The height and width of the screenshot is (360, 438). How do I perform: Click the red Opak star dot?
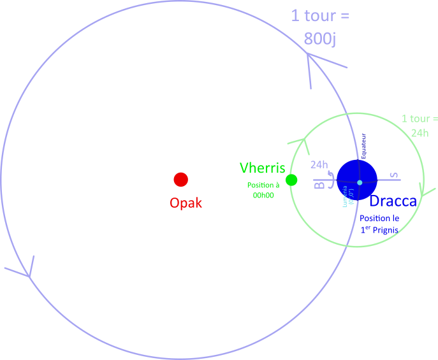coord(181,180)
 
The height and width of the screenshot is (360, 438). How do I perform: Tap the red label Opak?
coord(186,203)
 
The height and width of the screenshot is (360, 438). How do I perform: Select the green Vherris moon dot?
coord(291,180)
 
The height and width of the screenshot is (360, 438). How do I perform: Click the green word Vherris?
coord(262,168)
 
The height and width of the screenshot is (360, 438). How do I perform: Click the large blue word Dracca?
coord(393,201)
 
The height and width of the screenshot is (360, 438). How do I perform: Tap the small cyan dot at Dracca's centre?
coord(360,183)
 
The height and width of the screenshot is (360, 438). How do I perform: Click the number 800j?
coord(320,38)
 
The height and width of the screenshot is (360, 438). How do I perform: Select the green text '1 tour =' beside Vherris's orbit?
coord(420,119)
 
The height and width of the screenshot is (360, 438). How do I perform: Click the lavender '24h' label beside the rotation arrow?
coord(319,164)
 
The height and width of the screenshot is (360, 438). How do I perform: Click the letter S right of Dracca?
coord(394,175)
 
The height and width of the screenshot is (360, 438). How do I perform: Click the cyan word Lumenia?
coord(345,196)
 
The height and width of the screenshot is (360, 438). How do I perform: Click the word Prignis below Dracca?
coord(385,229)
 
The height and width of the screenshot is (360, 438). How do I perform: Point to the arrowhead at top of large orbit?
coord(310,59)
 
